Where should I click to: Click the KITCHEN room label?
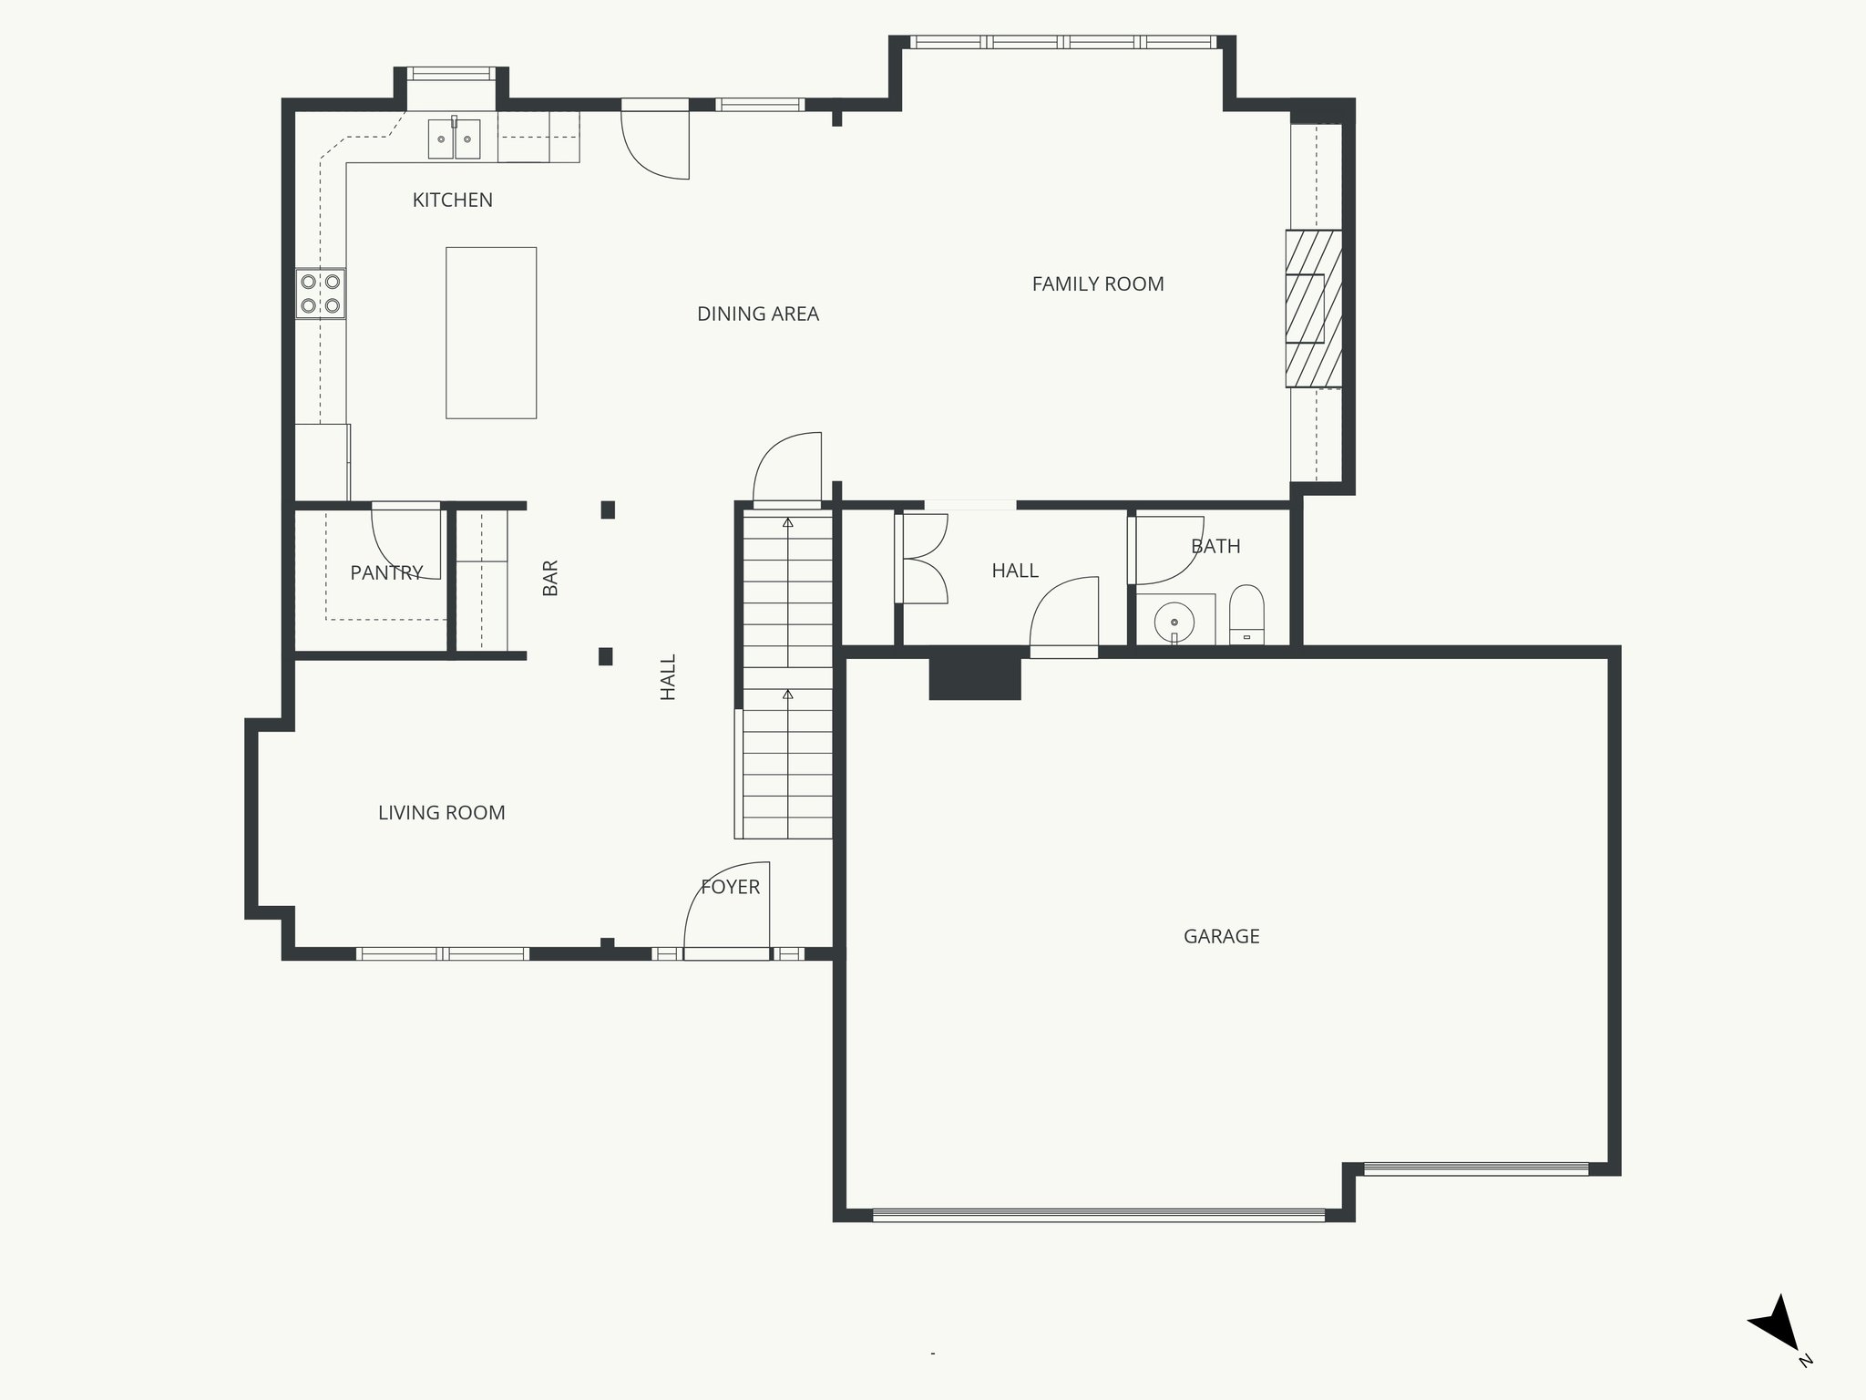point(452,201)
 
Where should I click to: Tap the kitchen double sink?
point(454,139)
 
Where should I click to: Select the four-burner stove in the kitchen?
point(321,293)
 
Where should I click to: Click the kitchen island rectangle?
point(490,333)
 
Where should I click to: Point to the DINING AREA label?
point(757,314)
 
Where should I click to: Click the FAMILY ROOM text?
point(1097,284)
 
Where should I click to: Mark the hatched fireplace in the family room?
point(1313,308)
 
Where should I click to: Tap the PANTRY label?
point(386,573)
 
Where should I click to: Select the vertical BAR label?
point(550,578)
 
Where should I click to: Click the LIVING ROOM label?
point(441,813)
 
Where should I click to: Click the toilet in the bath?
point(1246,615)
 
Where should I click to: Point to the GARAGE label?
point(1221,937)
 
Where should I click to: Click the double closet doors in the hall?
point(922,559)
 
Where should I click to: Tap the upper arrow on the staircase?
point(787,523)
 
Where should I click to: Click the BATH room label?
point(1215,547)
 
